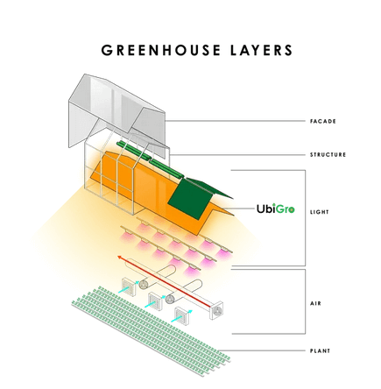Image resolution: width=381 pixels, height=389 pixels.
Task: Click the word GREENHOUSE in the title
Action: click(161, 50)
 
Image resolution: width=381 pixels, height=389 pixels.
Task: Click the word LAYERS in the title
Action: click(262, 50)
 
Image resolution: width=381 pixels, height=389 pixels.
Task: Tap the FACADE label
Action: click(323, 121)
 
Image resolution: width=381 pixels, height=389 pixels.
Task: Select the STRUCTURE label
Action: click(328, 154)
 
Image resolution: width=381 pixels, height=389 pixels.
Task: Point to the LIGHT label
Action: click(320, 212)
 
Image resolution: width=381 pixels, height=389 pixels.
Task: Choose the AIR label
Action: click(315, 303)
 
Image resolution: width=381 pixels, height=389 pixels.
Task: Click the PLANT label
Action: click(320, 350)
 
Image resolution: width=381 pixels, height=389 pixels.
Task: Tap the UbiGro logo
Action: click(276, 209)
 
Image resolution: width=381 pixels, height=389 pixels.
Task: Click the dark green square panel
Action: click(189, 199)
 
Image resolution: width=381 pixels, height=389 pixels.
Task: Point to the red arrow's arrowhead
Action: click(120, 257)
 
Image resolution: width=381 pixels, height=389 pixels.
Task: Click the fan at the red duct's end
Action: click(216, 310)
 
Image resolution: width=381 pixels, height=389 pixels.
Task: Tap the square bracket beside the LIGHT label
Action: click(306, 217)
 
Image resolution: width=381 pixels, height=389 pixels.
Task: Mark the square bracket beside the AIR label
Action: click(306, 301)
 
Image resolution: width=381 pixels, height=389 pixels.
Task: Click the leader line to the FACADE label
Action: click(236, 121)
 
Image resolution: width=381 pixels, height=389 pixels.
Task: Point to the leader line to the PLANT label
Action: click(262, 350)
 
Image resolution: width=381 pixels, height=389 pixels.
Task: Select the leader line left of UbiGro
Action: click(239, 209)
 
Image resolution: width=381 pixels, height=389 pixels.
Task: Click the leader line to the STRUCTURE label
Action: click(237, 155)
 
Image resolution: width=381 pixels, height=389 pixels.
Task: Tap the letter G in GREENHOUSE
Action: click(107, 50)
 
